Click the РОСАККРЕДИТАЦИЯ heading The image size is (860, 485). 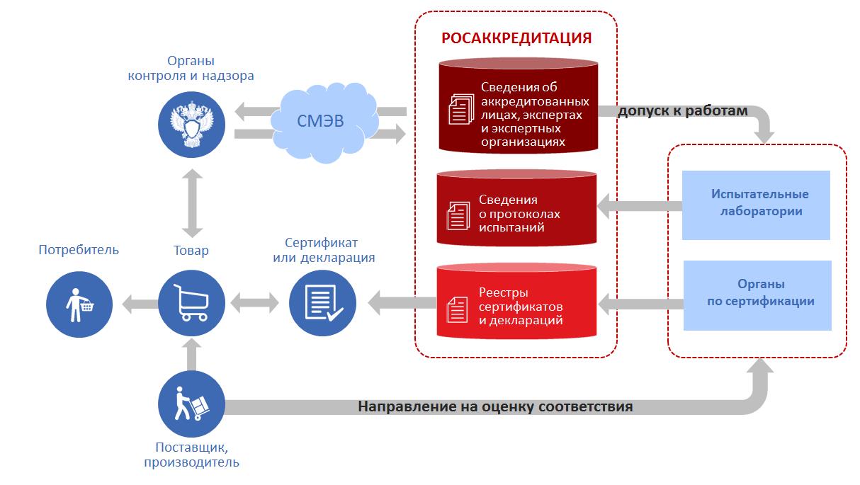click(x=516, y=38)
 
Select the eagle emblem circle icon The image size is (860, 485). click(x=191, y=125)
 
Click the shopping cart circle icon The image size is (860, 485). click(x=191, y=303)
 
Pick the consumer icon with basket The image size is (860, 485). click(x=79, y=304)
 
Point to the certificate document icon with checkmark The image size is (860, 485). click(x=322, y=303)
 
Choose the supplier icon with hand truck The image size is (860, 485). click(x=191, y=404)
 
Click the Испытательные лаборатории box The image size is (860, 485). click(x=756, y=205)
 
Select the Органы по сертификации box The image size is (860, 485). click(x=757, y=295)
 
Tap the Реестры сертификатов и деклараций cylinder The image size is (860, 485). click(x=516, y=301)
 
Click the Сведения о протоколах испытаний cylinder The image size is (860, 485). click(x=516, y=207)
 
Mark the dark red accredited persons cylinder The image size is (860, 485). click(x=519, y=105)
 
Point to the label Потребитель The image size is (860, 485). click(x=79, y=250)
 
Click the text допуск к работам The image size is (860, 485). click(x=683, y=111)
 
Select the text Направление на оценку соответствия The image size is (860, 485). click(x=495, y=406)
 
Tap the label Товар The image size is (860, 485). click(x=191, y=251)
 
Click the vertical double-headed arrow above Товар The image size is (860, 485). click(x=192, y=203)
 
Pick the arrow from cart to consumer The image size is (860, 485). click(x=140, y=304)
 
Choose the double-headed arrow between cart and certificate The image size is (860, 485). click(x=254, y=303)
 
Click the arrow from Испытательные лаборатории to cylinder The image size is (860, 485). click(x=640, y=206)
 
